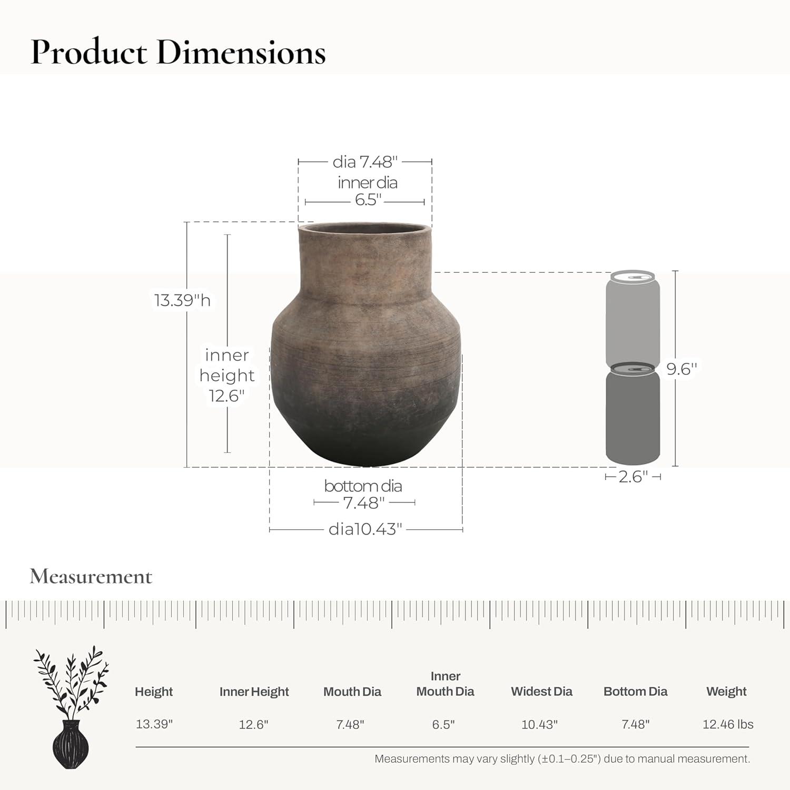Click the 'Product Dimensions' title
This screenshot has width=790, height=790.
pos(178,53)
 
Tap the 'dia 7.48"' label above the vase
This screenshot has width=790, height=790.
pos(364,162)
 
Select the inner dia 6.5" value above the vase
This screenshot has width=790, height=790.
pos(367,200)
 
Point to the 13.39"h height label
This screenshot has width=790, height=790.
pos(182,300)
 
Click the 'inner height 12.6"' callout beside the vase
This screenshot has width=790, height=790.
pos(227,375)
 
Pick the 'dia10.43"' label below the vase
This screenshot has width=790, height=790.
pos(366,529)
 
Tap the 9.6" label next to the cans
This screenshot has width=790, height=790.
pos(682,369)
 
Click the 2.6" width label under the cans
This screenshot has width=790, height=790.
pos(633,477)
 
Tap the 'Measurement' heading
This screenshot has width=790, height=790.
pos(91,577)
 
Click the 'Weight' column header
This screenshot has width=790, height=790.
pos(726,692)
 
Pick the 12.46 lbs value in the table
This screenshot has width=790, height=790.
pos(728,724)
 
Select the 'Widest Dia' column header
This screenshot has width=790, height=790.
pos(541,692)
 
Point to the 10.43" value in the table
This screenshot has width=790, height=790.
pos(539,725)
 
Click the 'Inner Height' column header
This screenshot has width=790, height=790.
pos(254,692)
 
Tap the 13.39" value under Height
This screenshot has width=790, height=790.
pos(154,724)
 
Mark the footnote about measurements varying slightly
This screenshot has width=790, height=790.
pos(562,759)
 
